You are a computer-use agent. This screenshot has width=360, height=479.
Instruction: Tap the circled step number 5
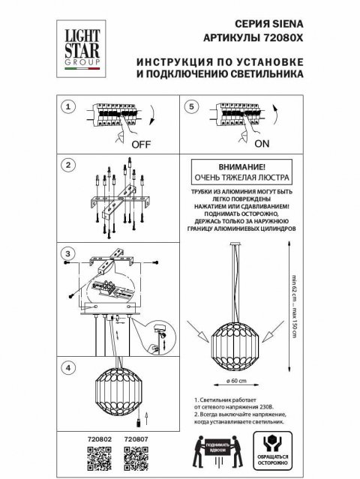192,108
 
